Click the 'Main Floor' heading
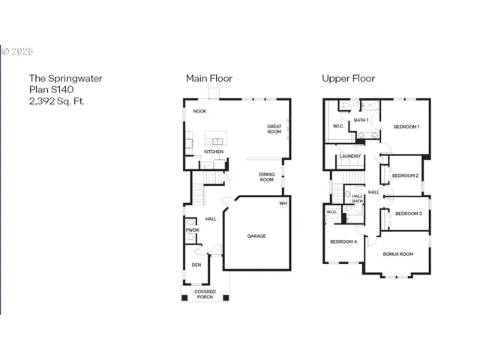pyautogui.click(x=209, y=78)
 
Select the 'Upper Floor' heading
pyautogui.click(x=349, y=78)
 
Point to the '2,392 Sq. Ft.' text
pyautogui.click(x=56, y=100)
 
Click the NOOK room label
pyautogui.click(x=199, y=111)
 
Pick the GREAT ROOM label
pyautogui.click(x=274, y=129)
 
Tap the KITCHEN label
pyautogui.click(x=214, y=151)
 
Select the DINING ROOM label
pyautogui.click(x=267, y=177)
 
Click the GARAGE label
pyautogui.click(x=256, y=236)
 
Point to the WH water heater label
pyautogui.click(x=283, y=203)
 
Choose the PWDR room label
pyautogui.click(x=192, y=230)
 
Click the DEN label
pyautogui.click(x=196, y=265)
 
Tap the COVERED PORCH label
pyautogui.click(x=205, y=294)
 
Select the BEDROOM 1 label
pyautogui.click(x=406, y=127)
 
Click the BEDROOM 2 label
pyautogui.click(x=405, y=175)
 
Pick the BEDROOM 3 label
pyautogui.click(x=409, y=214)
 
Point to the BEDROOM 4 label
pyautogui.click(x=343, y=241)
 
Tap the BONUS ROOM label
pyautogui.click(x=398, y=254)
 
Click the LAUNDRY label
pyautogui.click(x=350, y=156)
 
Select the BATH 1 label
pyautogui.click(x=361, y=120)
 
